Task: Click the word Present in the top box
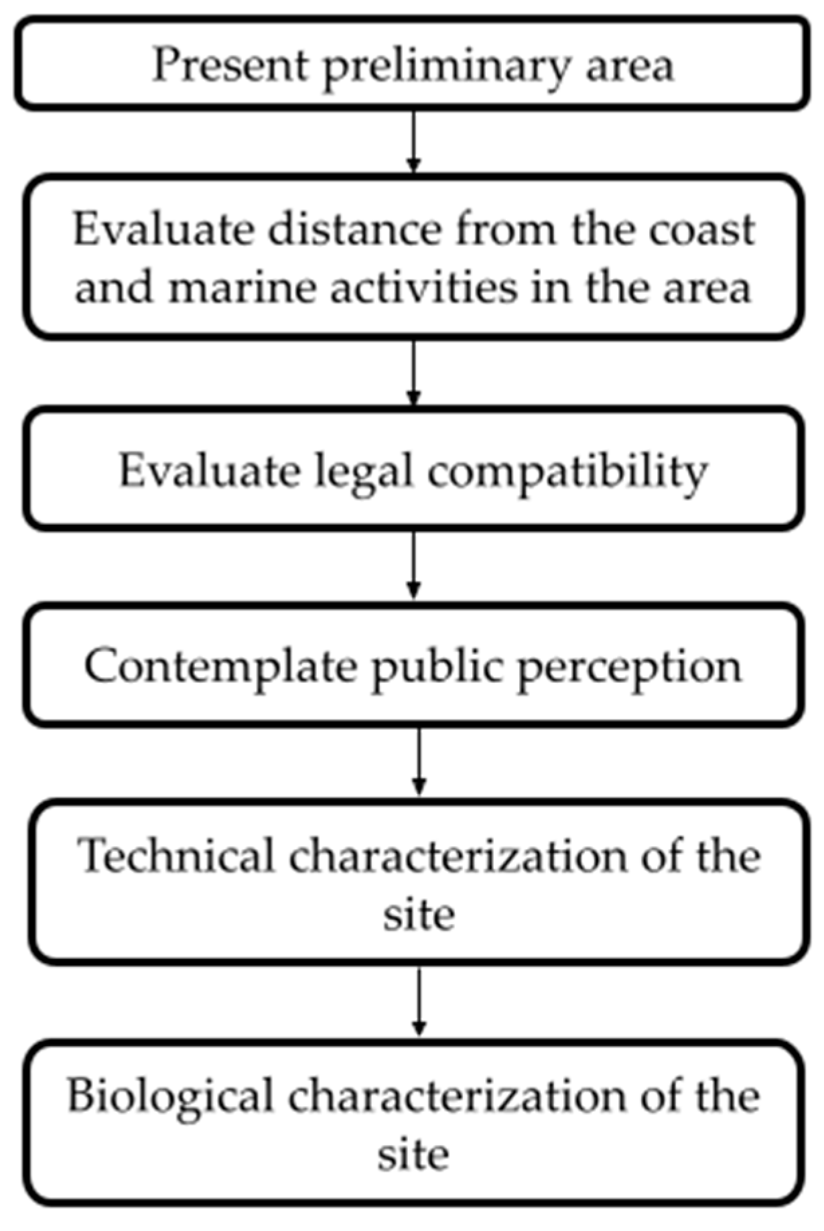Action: point(230,66)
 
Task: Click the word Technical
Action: point(176,856)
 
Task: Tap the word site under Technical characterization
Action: point(419,915)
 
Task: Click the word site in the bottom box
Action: point(413,1155)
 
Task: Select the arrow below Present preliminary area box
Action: point(414,140)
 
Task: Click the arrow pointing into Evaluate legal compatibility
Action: point(414,372)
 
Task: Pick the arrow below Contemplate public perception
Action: point(419,761)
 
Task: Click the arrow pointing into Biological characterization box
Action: point(419,1001)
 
